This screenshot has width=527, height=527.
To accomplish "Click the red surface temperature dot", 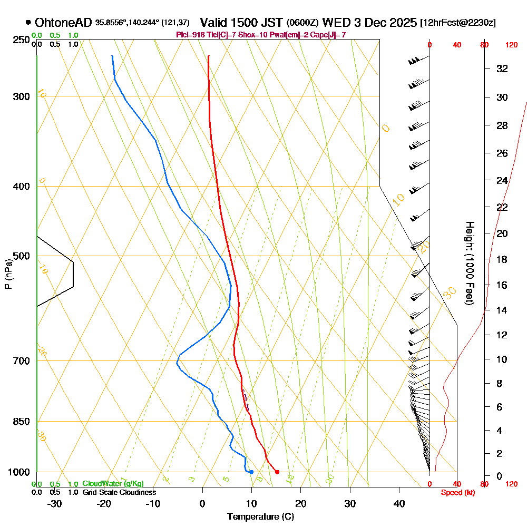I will click(277, 472).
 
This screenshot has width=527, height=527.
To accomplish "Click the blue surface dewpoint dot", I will click(251, 472).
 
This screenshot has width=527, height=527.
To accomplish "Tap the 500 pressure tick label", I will click(20, 256).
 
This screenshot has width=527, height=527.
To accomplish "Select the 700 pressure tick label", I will click(20, 361).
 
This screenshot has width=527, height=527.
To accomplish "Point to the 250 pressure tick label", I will click(20, 40).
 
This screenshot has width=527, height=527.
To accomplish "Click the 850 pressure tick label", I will click(20, 422).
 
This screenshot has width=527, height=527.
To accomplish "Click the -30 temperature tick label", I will click(54, 503).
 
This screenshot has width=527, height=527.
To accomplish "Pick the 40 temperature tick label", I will click(399, 503).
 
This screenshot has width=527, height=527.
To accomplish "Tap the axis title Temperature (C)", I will click(260, 517).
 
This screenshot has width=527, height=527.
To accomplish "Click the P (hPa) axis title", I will click(8, 274).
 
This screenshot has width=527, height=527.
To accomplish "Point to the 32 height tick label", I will click(503, 69).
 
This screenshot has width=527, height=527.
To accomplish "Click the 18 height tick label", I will click(503, 259).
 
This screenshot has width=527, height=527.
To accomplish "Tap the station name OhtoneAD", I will click(63, 23).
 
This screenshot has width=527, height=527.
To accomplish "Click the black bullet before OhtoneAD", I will click(27, 23).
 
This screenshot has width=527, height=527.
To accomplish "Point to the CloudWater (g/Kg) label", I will click(113, 483).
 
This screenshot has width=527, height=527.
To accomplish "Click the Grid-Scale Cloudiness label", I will click(119, 492).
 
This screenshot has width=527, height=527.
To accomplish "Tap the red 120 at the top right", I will click(511, 45).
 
